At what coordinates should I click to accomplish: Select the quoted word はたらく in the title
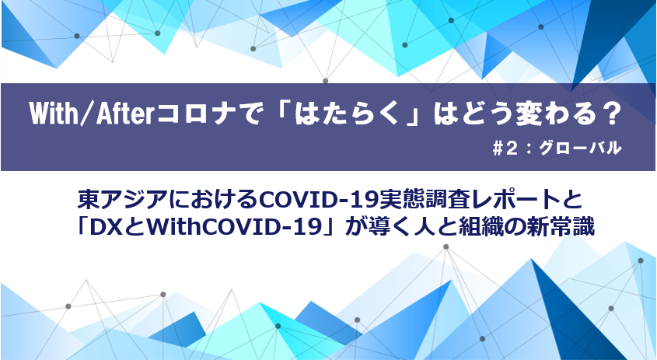[346, 114]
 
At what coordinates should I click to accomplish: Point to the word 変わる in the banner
[545, 114]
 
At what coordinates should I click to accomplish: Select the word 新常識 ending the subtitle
[564, 228]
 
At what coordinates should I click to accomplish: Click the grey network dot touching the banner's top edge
[325, 81]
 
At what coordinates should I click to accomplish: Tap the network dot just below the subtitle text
[446, 246]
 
